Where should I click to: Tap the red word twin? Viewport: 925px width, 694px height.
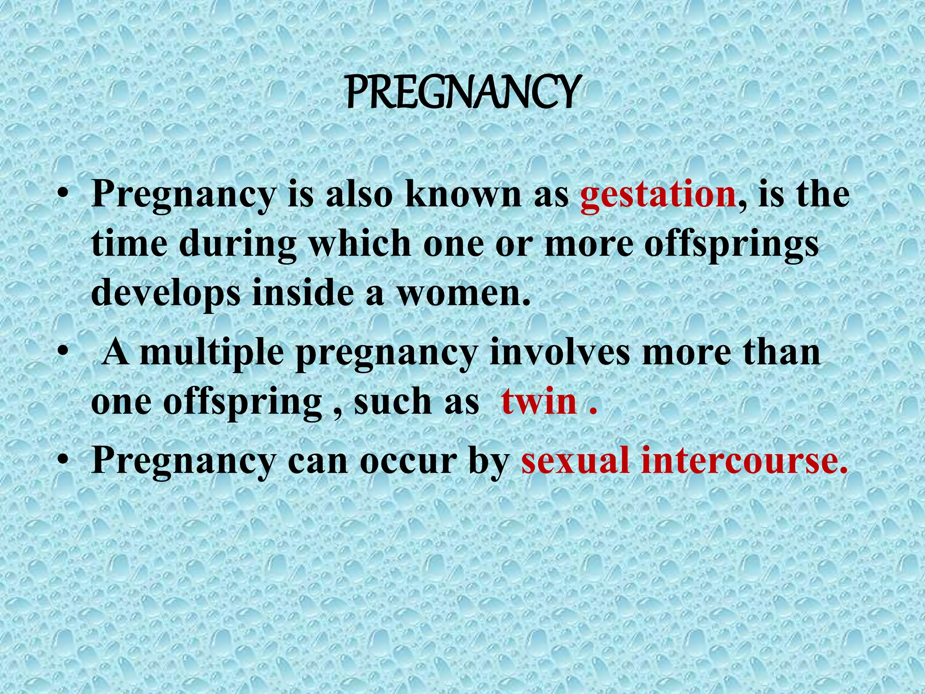tap(539, 401)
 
